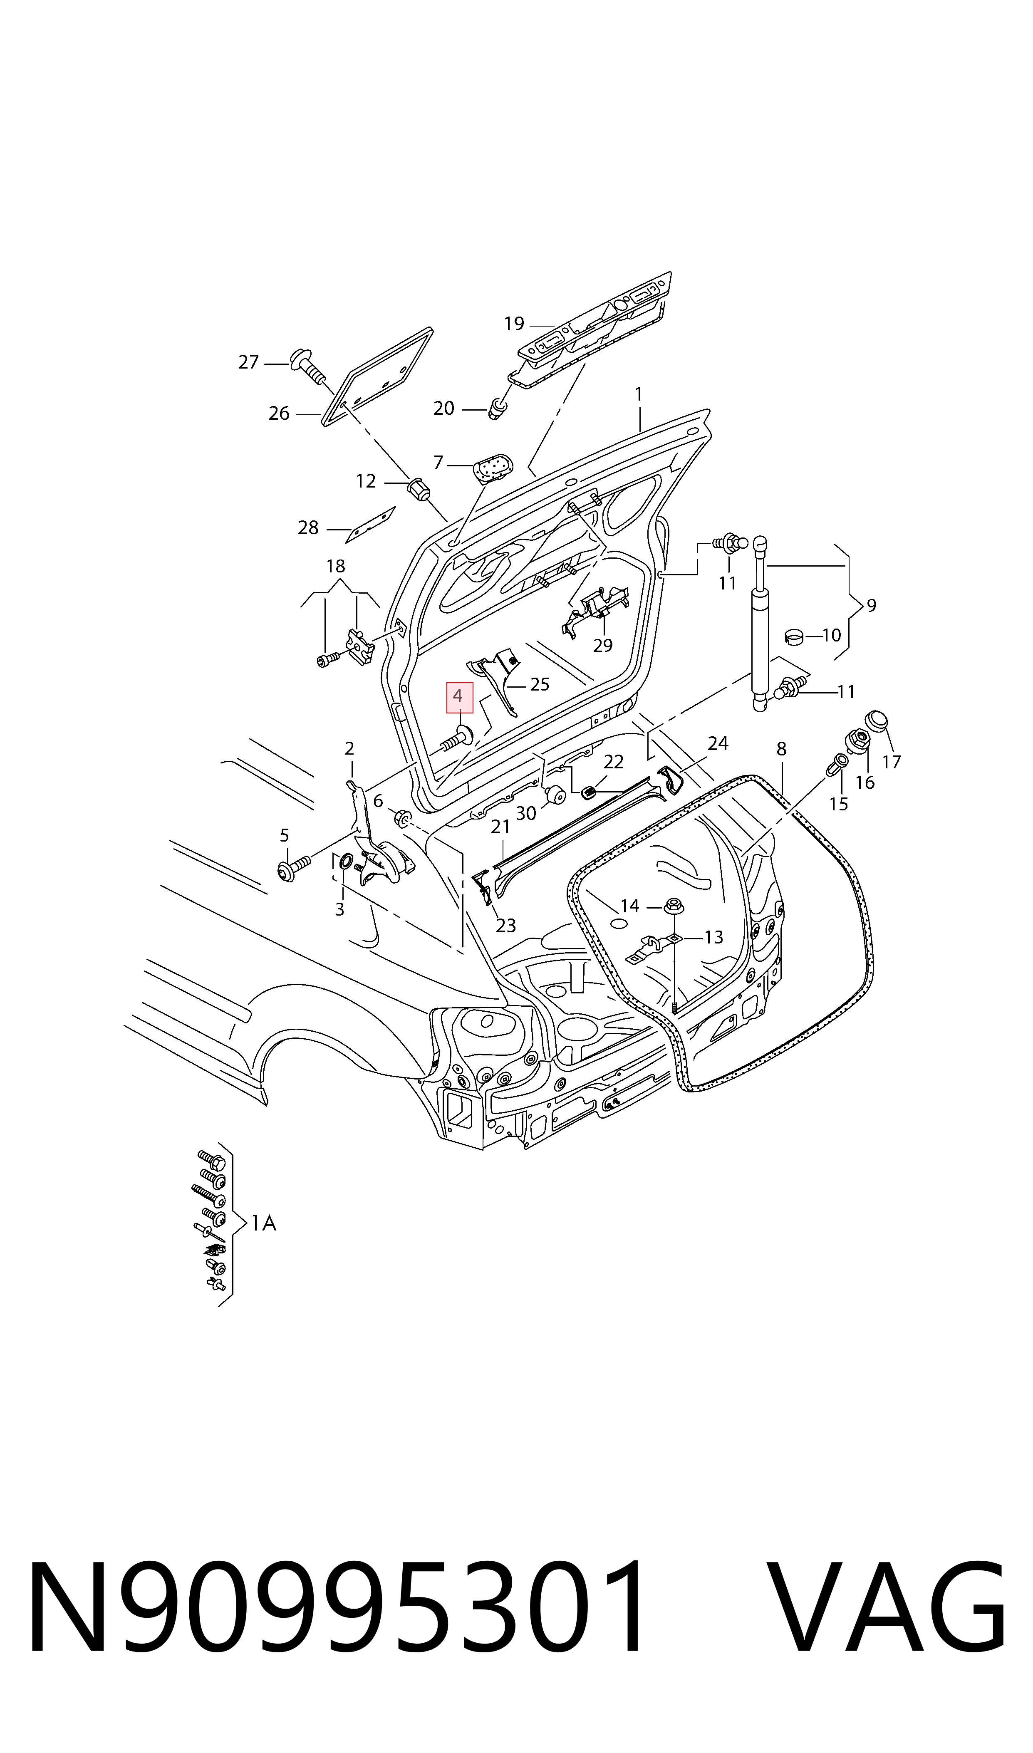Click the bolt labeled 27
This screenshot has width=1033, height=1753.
pyautogui.click(x=308, y=367)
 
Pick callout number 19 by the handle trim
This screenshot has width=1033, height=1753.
pyautogui.click(x=514, y=324)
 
